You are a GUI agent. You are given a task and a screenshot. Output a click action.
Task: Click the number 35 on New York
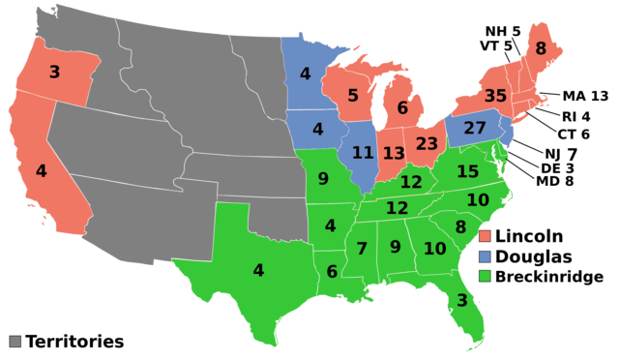click(495, 97)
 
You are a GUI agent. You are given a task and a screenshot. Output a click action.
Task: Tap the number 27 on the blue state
click(475, 128)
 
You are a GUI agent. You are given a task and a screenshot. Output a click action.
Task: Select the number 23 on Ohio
click(427, 144)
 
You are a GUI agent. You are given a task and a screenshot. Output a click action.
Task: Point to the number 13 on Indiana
click(394, 154)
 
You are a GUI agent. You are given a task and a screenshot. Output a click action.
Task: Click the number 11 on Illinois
click(363, 153)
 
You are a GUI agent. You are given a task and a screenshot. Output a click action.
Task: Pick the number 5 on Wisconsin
click(353, 96)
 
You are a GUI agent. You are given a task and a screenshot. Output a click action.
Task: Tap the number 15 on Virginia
click(468, 171)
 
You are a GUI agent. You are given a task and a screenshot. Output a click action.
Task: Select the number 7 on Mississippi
click(362, 249)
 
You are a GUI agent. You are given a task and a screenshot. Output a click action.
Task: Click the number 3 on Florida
click(461, 301)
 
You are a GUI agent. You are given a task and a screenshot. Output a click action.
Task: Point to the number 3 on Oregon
click(54, 72)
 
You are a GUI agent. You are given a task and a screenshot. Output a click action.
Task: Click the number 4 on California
click(41, 171)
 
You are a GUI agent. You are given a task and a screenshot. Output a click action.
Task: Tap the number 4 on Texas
click(258, 270)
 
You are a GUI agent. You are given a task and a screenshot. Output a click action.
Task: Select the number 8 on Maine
click(541, 48)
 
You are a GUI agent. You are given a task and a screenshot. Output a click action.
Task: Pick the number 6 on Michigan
click(402, 108)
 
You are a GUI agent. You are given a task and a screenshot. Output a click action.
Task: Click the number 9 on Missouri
click(323, 179)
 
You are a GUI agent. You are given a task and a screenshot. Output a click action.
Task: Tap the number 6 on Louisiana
click(332, 272)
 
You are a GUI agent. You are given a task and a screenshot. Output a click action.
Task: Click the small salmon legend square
click(485, 236)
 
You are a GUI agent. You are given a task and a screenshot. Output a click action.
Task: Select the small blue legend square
click(485, 256)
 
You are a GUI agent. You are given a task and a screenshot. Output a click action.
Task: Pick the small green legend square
click(485, 276)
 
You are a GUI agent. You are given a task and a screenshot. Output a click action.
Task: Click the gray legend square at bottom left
click(15, 342)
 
